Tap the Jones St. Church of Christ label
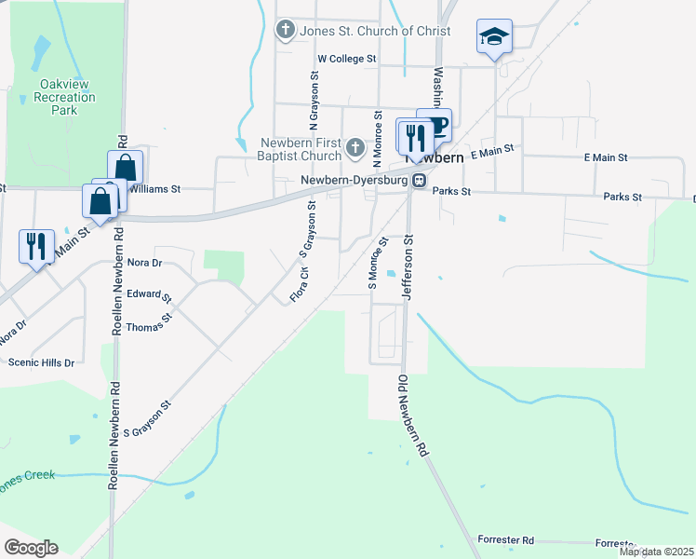pos(375,31)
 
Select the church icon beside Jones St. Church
pos(286,31)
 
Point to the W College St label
pos(346,58)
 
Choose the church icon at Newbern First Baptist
pos(355,147)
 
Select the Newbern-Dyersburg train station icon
pos(420,181)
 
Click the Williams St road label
pos(154,188)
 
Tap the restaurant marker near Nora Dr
pos(36,246)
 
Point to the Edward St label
pos(149,295)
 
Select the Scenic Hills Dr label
pos(41,361)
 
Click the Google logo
pos(31,548)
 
